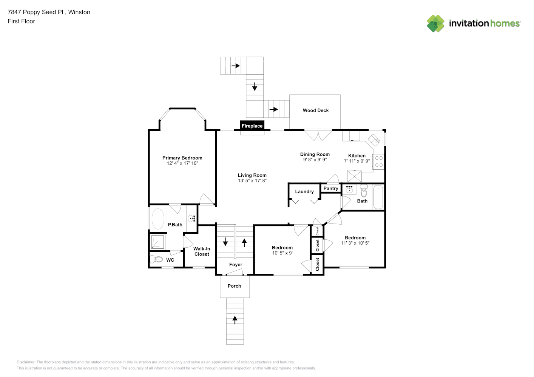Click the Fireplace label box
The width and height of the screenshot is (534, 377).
(252, 126)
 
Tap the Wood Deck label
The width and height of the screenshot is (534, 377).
(315, 110)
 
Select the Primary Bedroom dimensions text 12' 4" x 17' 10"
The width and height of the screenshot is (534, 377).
(182, 163)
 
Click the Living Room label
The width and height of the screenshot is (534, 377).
(252, 175)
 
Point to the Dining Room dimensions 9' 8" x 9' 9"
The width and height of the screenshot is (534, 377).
(315, 160)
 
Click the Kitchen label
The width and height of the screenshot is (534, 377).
(357, 156)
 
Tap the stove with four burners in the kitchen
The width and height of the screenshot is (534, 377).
(379, 162)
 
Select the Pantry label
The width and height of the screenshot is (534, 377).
(331, 188)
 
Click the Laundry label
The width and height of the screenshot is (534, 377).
(304, 192)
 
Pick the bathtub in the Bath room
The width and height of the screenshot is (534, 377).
(378, 197)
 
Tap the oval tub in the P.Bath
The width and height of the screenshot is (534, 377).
(158, 219)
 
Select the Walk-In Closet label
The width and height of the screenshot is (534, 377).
(202, 251)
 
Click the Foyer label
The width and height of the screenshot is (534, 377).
(236, 265)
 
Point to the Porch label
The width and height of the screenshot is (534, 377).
(234, 286)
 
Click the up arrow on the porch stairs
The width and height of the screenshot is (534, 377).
(235, 320)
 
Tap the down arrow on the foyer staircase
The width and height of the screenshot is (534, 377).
(225, 242)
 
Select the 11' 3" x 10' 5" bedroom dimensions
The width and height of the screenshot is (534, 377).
(355, 243)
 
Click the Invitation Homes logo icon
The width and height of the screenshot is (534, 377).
(435, 23)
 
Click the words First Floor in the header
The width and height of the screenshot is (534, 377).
(21, 21)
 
